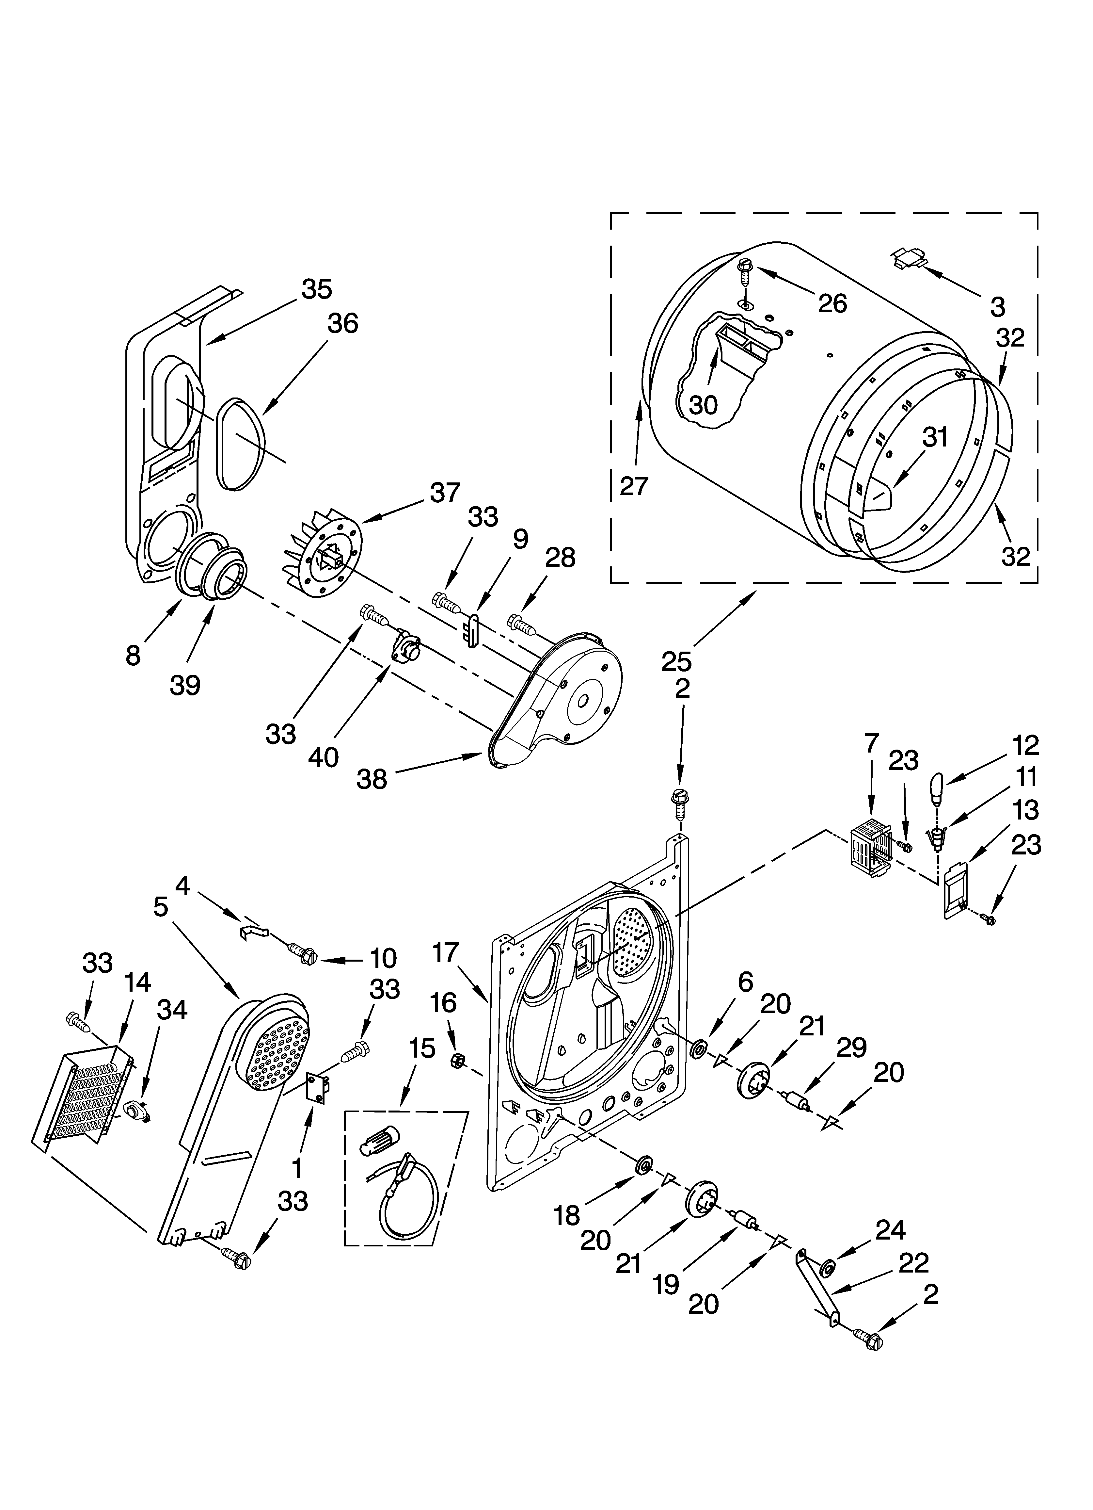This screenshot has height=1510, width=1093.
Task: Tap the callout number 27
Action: click(x=633, y=486)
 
